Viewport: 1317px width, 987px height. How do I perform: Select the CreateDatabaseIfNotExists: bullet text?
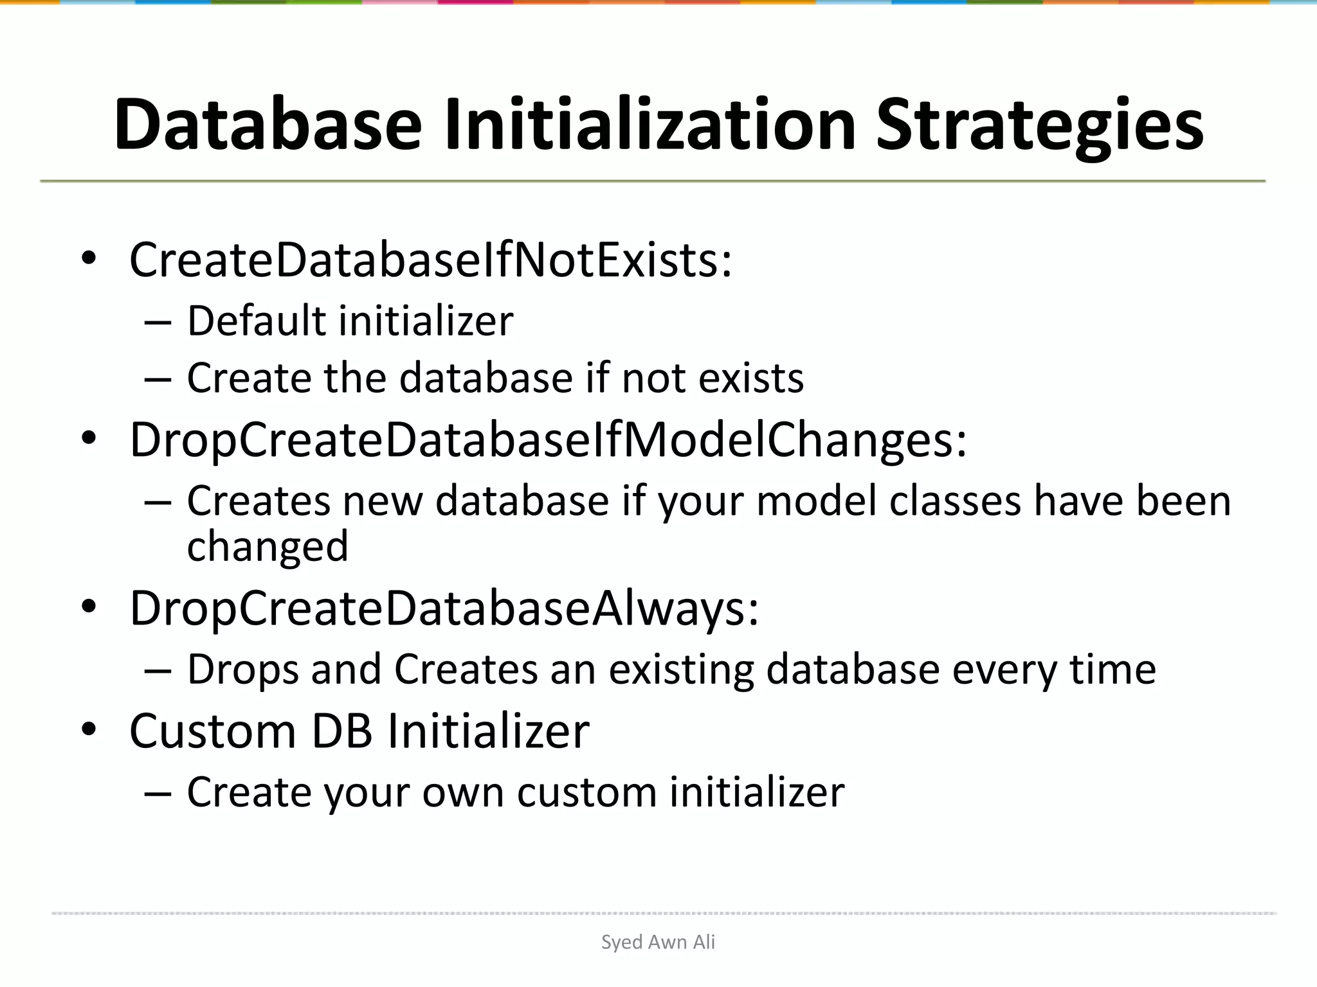coord(430,260)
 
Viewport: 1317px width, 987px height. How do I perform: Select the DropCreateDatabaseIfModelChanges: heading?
coord(548,440)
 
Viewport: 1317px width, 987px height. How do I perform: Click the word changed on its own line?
coord(268,547)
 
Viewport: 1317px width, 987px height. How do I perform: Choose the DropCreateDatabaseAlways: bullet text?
coord(444,608)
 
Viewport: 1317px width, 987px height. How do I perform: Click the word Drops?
coord(242,670)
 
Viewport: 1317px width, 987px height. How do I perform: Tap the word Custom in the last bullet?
coord(212,731)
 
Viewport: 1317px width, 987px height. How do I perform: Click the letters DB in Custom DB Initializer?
coord(341,731)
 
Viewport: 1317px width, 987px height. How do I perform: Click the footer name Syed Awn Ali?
coord(658,942)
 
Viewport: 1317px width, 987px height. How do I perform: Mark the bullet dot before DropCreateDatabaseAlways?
coord(89,607)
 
